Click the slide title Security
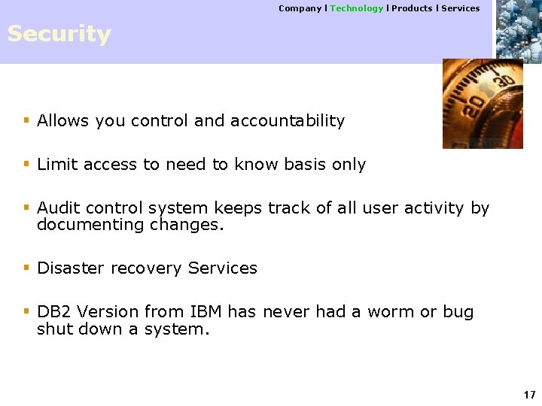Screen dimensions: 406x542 pyautogui.click(x=59, y=35)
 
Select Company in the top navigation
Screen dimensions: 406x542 pyautogui.click(x=300, y=8)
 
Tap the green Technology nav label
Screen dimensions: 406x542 pyautogui.click(x=356, y=8)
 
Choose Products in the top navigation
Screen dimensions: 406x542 pyautogui.click(x=412, y=8)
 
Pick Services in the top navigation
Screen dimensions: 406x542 pyautogui.click(x=460, y=8)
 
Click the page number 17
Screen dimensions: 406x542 pyautogui.click(x=529, y=395)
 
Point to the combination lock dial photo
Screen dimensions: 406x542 pyautogui.click(x=482, y=103)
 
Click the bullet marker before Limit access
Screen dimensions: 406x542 pyautogui.click(x=26, y=164)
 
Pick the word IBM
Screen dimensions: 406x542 pyautogui.click(x=206, y=312)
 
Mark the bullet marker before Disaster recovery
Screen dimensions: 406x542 pyautogui.click(x=26, y=268)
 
